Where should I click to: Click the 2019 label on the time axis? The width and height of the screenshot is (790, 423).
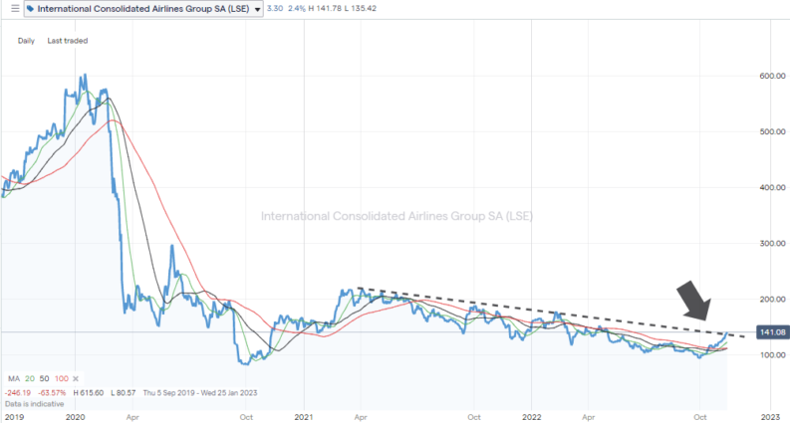coord(13,418)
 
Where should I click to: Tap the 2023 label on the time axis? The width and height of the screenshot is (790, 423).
coord(768,418)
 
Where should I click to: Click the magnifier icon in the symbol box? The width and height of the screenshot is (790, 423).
coord(31,10)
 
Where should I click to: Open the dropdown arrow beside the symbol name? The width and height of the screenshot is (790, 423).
coord(258,10)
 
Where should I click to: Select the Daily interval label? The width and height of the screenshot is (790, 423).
coord(26,41)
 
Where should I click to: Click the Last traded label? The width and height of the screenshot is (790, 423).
coord(68,41)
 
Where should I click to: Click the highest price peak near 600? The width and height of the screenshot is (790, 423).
coord(83,76)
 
